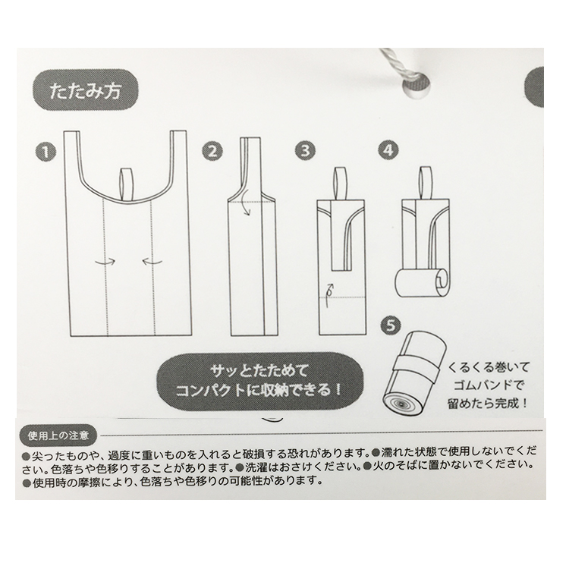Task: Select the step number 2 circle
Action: [x=212, y=150]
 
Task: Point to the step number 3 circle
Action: [x=306, y=150]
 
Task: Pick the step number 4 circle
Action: [x=388, y=150]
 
